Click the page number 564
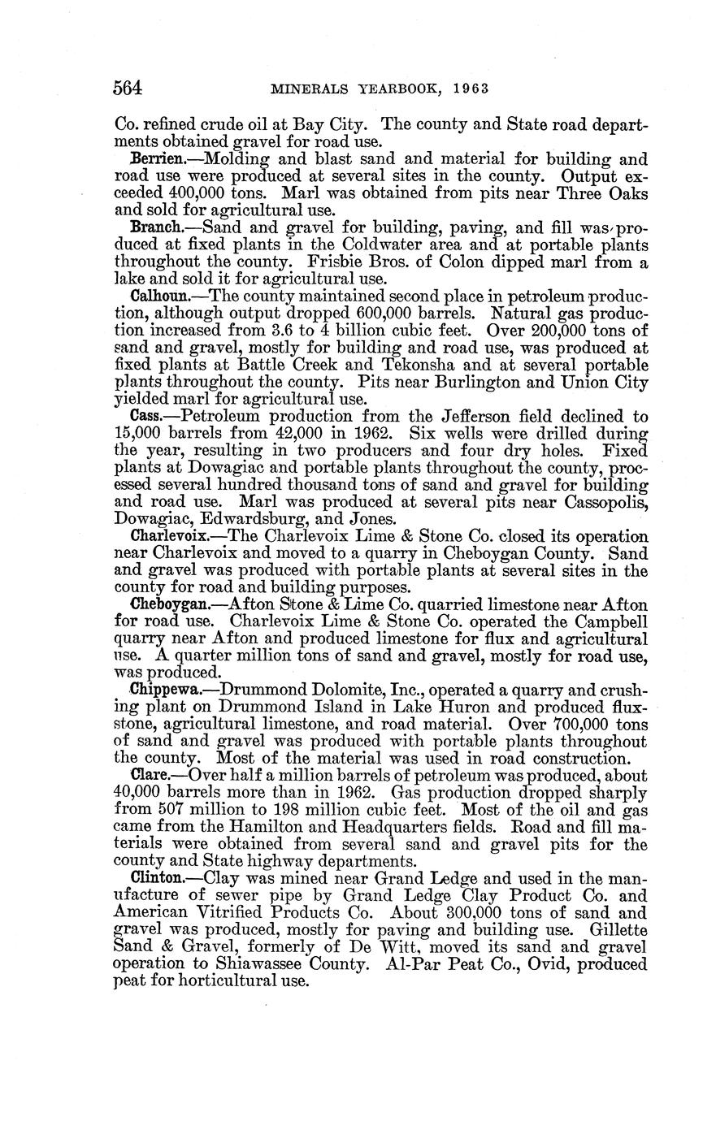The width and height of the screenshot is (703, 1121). (128, 87)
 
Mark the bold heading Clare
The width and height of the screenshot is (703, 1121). (150, 774)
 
